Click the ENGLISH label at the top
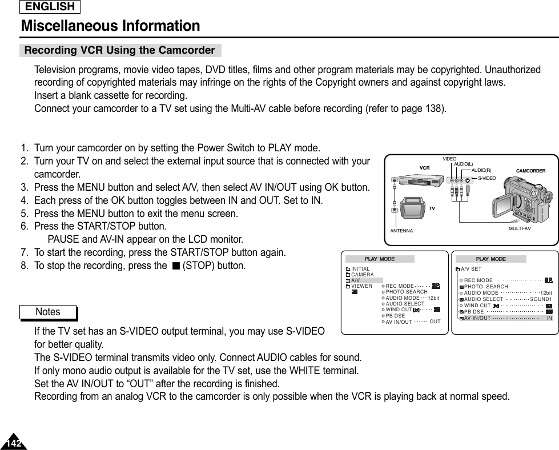[x=50, y=7]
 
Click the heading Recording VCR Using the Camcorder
[x=119, y=50]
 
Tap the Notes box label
[x=47, y=312]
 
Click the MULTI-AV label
[x=519, y=228]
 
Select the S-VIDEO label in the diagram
[x=486, y=179]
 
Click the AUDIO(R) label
[x=481, y=170]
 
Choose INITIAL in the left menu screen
[x=360, y=269]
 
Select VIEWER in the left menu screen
[x=361, y=286]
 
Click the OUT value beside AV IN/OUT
[x=435, y=321]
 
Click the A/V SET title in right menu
[x=472, y=269]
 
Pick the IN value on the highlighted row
[x=549, y=318]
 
